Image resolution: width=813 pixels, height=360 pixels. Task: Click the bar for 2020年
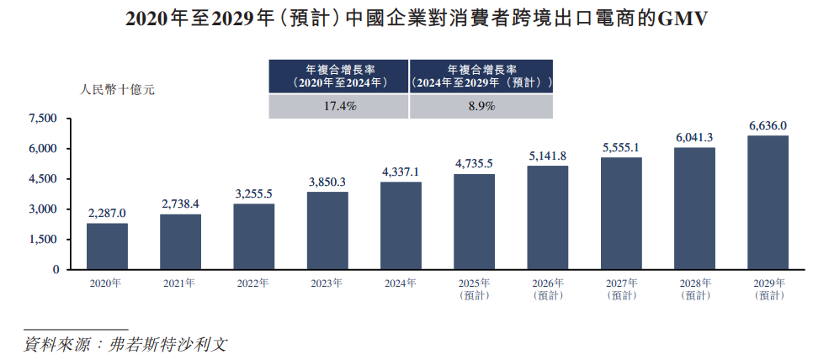[107, 246]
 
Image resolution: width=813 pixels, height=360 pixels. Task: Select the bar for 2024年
[401, 225]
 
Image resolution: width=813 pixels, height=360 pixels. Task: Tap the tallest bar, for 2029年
[768, 203]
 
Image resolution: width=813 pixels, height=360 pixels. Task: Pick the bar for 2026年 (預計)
[548, 218]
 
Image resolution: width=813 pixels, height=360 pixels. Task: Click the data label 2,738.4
[180, 204]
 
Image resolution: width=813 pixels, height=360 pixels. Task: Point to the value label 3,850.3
[327, 182]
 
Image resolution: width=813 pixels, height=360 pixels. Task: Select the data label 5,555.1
[620, 147]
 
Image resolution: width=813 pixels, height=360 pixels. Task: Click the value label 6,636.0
[768, 125]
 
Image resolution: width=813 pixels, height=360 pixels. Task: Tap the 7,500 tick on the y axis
[43, 119]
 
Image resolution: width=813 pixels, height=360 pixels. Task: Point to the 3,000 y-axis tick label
[43, 209]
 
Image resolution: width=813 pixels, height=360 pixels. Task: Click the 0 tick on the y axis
[56, 270]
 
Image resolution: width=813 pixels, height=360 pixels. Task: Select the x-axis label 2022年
[253, 283]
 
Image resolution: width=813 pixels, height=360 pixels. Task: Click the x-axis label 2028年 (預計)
[694, 289]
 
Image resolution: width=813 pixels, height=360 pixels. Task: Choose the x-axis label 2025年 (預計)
[474, 289]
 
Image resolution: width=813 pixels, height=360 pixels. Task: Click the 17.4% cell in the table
[338, 107]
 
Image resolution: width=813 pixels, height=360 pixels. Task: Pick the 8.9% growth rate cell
[481, 107]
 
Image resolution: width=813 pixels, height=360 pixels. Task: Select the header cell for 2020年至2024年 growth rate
[338, 77]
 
